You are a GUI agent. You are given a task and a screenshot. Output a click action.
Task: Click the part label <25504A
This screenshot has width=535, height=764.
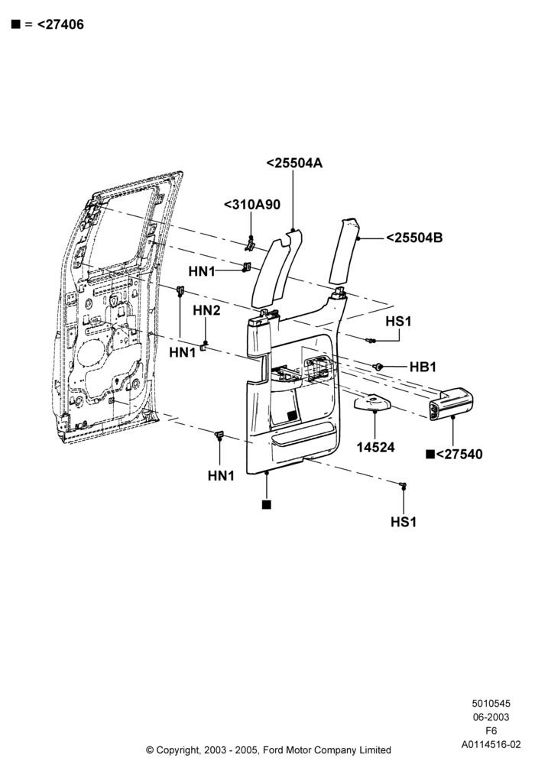pyautogui.click(x=294, y=163)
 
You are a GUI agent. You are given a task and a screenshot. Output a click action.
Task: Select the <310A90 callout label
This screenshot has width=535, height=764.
pyautogui.click(x=252, y=205)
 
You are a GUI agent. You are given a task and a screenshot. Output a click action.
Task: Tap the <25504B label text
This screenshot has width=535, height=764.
pyautogui.click(x=414, y=238)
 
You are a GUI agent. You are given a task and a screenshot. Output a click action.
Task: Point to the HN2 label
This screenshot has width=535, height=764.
pyautogui.click(x=206, y=310)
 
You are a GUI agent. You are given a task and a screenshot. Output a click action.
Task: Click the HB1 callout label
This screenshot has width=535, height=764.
pyautogui.click(x=423, y=367)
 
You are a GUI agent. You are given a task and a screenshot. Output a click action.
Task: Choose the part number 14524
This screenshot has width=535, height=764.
pyautogui.click(x=376, y=447)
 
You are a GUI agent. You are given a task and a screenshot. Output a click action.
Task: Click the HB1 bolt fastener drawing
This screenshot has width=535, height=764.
pyautogui.click(x=377, y=367)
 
